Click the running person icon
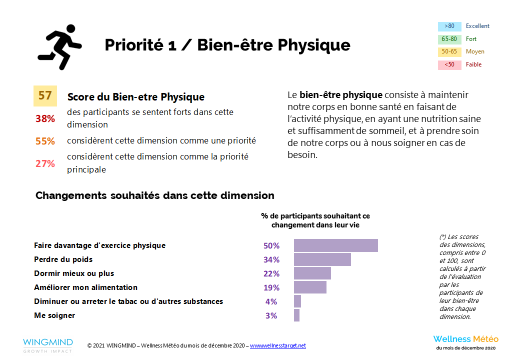(x=59, y=46)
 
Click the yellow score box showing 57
(x=45, y=96)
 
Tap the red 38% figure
(x=45, y=118)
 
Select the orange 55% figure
(x=45, y=141)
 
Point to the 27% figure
(x=45, y=163)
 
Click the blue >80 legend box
(x=449, y=26)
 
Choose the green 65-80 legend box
(x=449, y=39)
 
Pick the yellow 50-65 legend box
(x=449, y=52)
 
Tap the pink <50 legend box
(x=449, y=65)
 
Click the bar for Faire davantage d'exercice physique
(x=335, y=245)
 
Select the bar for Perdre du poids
(x=322, y=259)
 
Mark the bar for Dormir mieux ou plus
(x=312, y=273)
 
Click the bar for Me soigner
(x=296, y=315)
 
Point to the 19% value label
(x=271, y=287)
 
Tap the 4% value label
(x=271, y=301)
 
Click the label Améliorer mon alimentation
(x=85, y=287)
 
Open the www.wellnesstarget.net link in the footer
(x=277, y=345)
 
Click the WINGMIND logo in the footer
(x=47, y=345)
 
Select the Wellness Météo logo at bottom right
(x=465, y=342)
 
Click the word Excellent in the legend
(x=477, y=26)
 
